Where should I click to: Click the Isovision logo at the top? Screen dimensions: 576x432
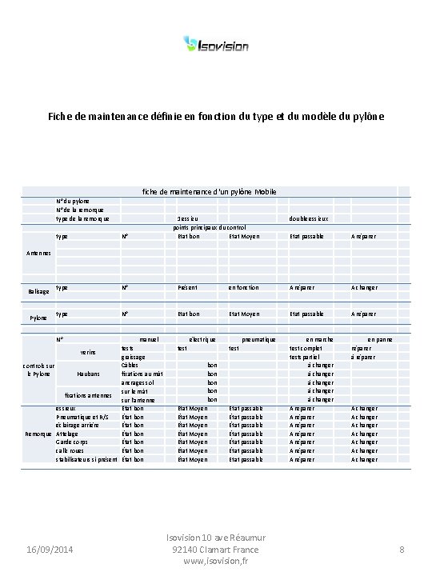pos(216,45)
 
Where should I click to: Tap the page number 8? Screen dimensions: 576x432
pos(401,550)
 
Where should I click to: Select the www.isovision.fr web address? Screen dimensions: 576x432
pos(216,562)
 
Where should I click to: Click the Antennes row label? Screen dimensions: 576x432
pos(38,251)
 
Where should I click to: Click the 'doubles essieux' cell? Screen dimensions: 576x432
pos(308,218)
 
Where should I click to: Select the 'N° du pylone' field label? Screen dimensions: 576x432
pos(74,200)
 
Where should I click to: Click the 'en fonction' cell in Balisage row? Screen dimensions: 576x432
pos(243,286)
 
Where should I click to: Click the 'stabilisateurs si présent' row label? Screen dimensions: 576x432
pos(86,459)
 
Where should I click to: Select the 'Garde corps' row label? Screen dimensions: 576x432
pos(72,442)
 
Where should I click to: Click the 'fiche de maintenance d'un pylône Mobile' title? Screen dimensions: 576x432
pos(210,191)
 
